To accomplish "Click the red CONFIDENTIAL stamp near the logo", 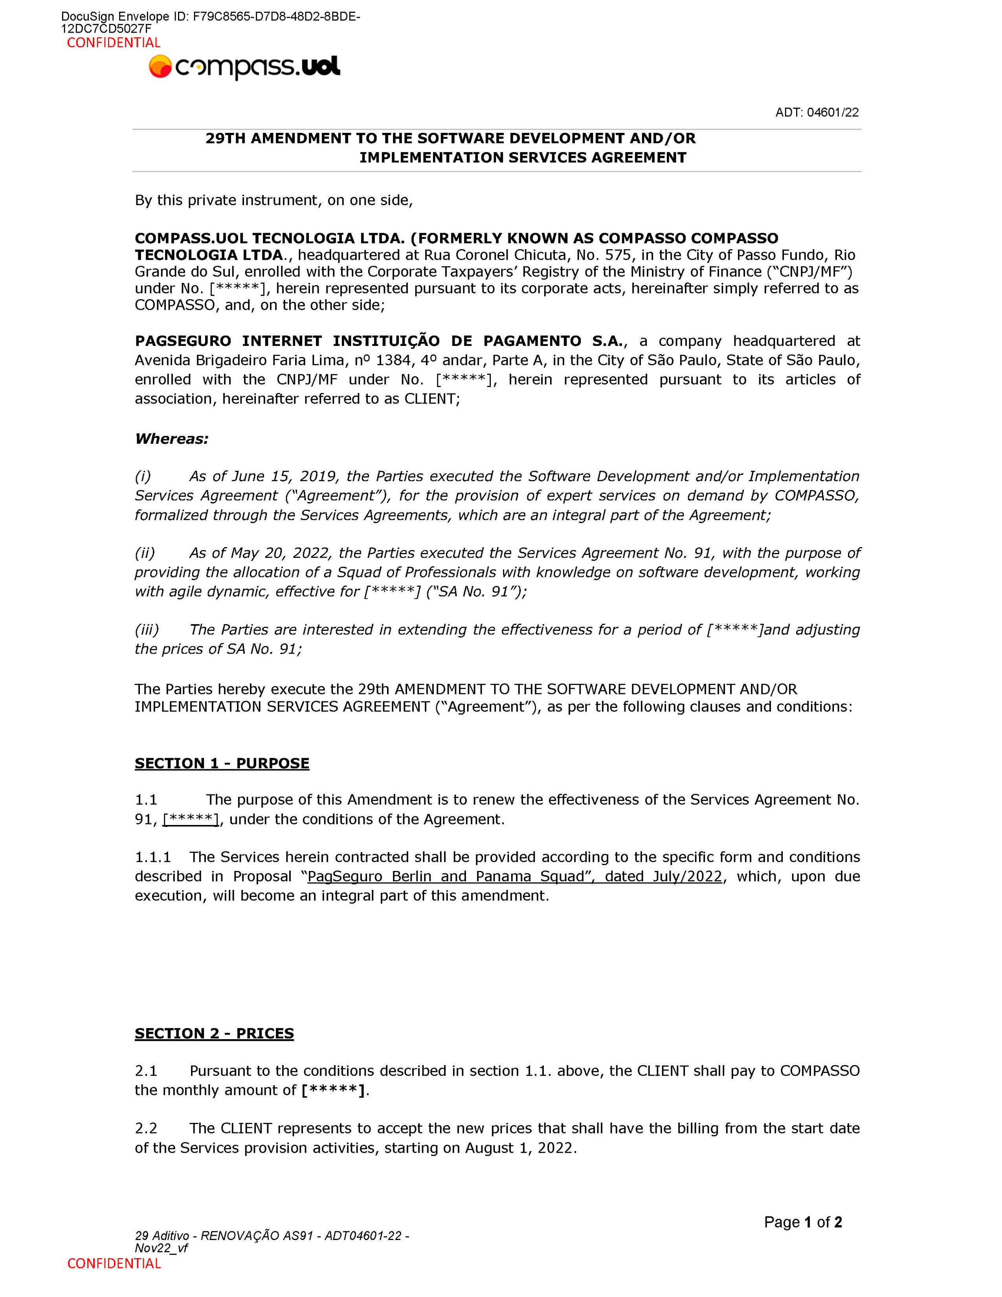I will tap(114, 43).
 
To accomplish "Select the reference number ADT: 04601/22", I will tap(817, 113).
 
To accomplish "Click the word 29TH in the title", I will tap(225, 138).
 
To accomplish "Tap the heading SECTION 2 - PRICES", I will tap(214, 1033).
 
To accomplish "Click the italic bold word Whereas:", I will tap(172, 439).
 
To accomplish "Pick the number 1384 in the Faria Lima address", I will tap(394, 360).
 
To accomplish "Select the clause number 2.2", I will tap(146, 1128).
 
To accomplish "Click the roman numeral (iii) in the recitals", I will tap(147, 630).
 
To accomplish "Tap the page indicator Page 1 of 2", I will tap(802, 1222).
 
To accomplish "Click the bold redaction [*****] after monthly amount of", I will tap(332, 1090).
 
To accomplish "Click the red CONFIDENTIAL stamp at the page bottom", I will tap(114, 1263).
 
